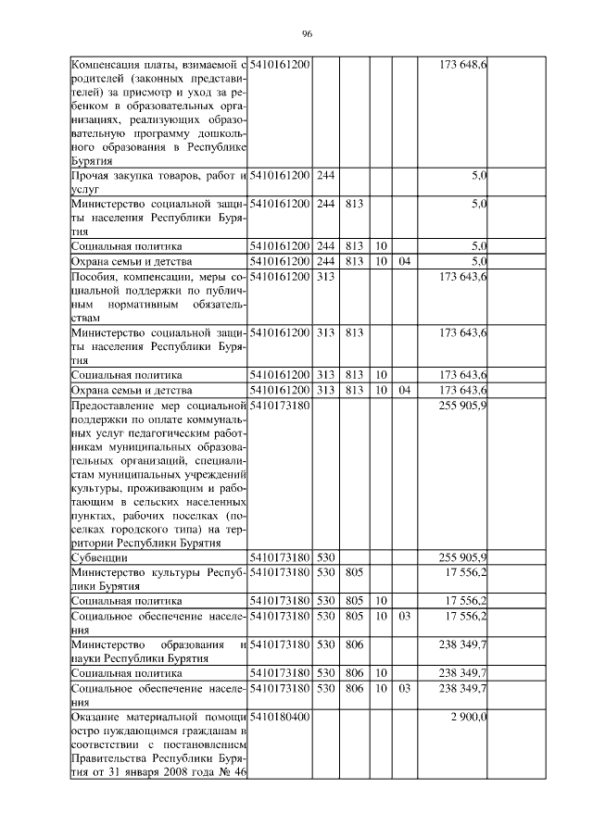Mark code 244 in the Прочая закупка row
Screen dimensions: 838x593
click(325, 175)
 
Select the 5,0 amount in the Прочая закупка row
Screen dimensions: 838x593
click(479, 175)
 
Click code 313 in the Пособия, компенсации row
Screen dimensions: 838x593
click(325, 277)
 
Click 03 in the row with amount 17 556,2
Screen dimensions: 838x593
click(404, 616)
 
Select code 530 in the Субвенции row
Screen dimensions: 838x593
click(325, 557)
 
